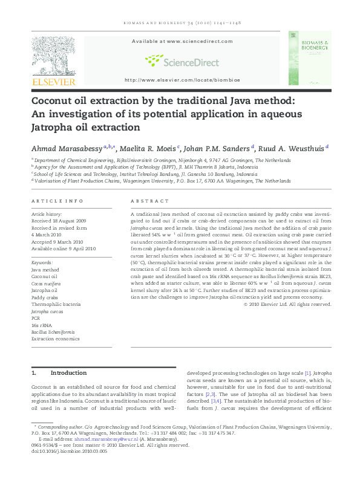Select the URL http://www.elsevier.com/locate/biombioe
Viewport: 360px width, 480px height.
pos(182,80)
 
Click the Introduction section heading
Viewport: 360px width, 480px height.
pos(68,373)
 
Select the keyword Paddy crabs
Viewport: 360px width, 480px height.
pos(45,297)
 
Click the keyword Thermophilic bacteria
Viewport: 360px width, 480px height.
pos(56,304)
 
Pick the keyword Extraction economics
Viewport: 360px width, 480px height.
pos(56,339)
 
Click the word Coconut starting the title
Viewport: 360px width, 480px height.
pos(53,100)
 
